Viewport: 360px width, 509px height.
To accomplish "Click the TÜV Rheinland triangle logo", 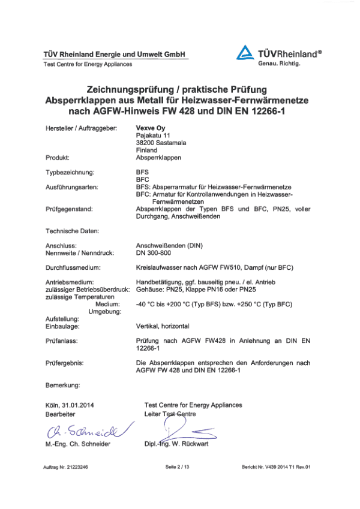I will pos(245,53).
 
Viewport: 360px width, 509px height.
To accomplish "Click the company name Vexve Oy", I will pos(149,127).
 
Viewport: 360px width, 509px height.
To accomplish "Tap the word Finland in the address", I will pos(147,150).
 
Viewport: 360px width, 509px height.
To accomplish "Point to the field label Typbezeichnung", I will pos(71,172).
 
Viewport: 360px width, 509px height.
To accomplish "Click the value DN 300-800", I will pos(157,252).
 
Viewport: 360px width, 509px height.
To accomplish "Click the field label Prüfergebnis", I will pos(64,363).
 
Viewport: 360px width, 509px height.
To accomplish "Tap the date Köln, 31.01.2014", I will pos(71,405).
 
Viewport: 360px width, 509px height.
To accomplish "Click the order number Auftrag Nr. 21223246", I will pos(66,466).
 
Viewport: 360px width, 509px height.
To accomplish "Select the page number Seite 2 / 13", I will pos(179,466).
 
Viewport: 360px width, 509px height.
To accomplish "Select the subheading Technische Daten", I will pos(72,230).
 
